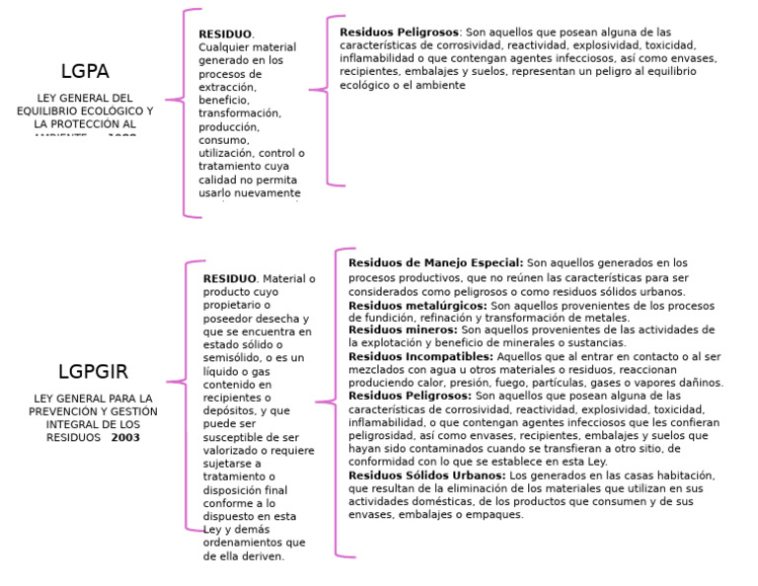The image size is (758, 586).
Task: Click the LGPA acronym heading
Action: [85, 71]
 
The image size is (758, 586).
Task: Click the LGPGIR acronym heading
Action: [93, 372]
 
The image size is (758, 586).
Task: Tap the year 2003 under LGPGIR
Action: [125, 437]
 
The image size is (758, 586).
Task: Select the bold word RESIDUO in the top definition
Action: [225, 35]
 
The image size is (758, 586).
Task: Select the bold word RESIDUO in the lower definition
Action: [230, 279]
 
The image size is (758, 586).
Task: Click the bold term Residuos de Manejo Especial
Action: [435, 263]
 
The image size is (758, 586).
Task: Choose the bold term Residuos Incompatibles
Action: [420, 356]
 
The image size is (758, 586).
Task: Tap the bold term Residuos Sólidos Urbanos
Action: [427, 476]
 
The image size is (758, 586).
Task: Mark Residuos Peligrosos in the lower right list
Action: [410, 396]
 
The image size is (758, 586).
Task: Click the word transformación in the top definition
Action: [240, 114]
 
